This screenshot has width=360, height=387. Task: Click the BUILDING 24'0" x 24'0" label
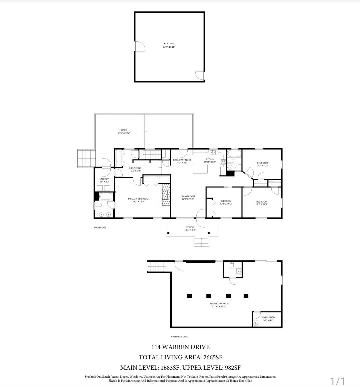169,45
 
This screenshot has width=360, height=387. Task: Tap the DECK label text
124,132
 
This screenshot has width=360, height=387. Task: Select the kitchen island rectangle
200,169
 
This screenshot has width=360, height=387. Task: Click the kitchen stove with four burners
224,162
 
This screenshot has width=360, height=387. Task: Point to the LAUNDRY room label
104,180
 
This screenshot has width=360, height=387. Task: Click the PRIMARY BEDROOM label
138,200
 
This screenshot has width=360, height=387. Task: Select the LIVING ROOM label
188,198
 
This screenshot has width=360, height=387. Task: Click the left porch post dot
169,233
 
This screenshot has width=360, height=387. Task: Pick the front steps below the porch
202,242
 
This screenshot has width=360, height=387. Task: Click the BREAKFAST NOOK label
182,161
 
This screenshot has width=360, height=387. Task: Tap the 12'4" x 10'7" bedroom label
226,202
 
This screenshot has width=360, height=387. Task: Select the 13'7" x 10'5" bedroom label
262,164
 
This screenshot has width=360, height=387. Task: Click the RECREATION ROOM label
219,305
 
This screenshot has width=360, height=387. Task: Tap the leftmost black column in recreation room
189,295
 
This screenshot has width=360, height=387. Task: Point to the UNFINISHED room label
268,319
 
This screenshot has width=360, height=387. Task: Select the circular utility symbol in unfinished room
256,322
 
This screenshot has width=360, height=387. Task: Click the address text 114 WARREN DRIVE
180,347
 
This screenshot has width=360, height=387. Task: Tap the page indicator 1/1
337,381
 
